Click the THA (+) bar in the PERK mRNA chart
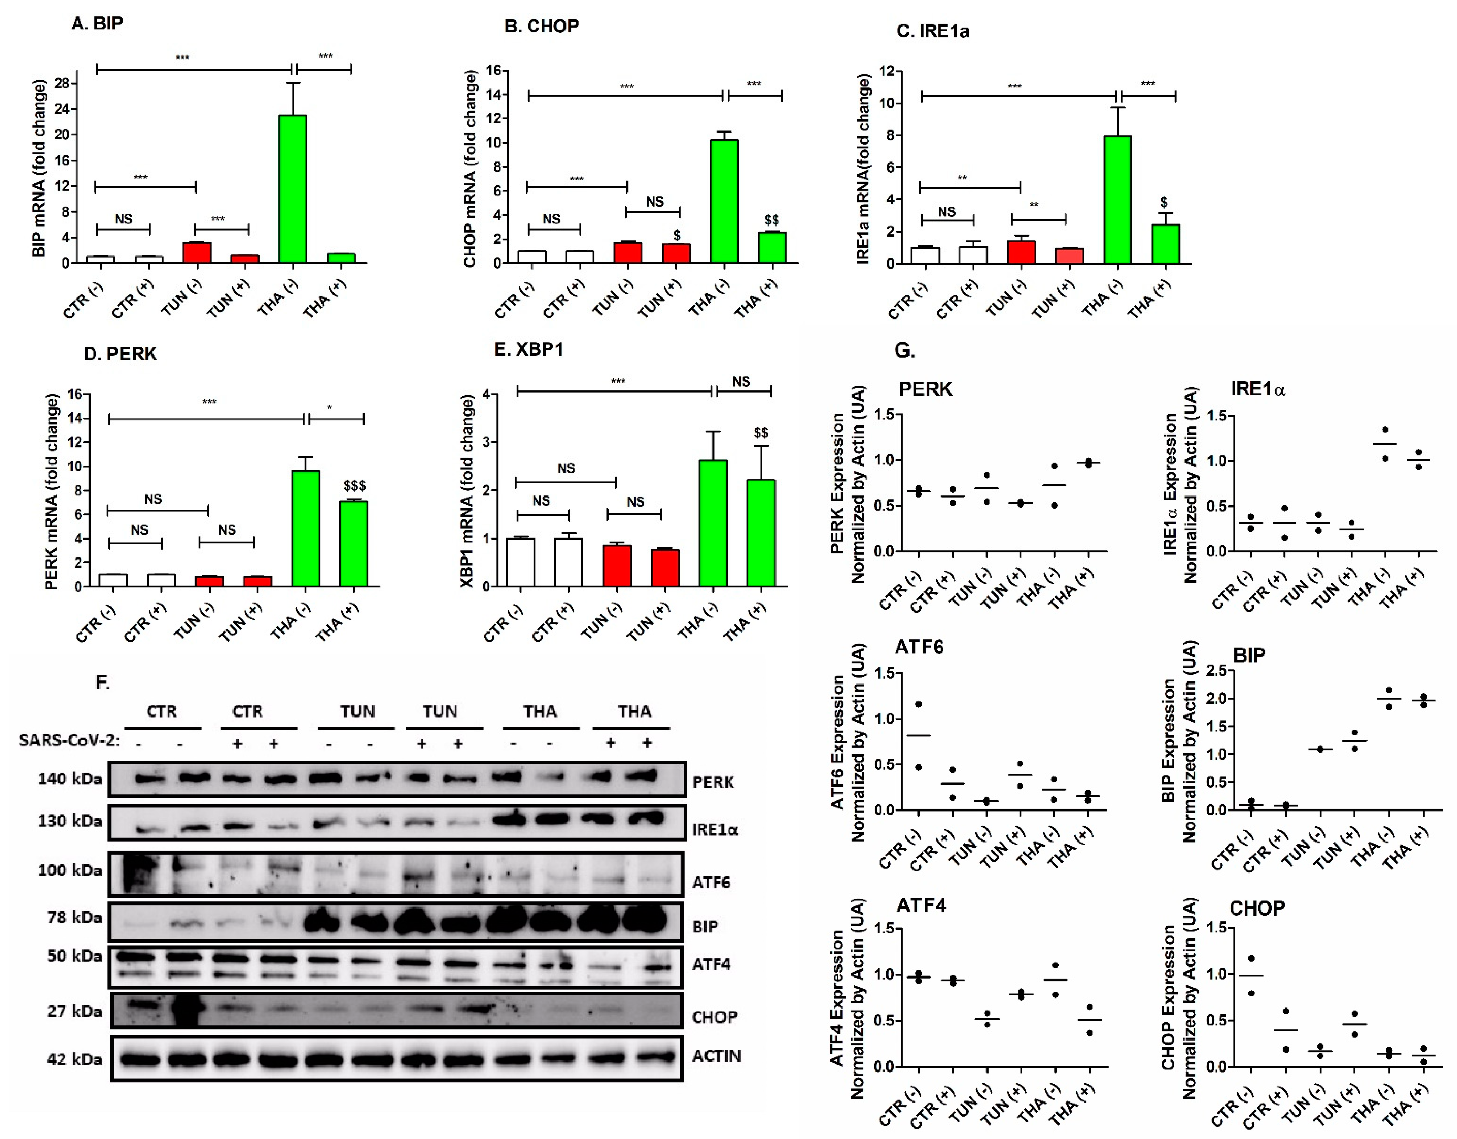click(x=353, y=544)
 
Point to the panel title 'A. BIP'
click(x=97, y=23)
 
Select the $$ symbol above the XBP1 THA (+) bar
click(x=761, y=433)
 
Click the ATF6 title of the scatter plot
click(x=919, y=647)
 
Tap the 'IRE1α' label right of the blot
click(x=715, y=830)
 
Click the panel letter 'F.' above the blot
click(x=103, y=682)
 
